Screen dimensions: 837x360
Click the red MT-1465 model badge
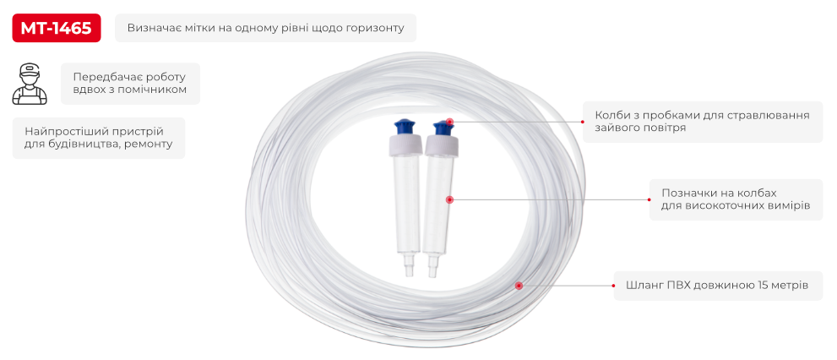56,28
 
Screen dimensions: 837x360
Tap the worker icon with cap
30,84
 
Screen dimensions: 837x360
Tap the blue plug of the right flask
442,128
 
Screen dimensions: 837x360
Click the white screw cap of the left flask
405,145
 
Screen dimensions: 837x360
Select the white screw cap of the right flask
441,146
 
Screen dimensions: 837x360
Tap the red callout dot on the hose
519,286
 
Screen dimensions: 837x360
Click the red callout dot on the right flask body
449,199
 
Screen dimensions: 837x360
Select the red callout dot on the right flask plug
449,122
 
